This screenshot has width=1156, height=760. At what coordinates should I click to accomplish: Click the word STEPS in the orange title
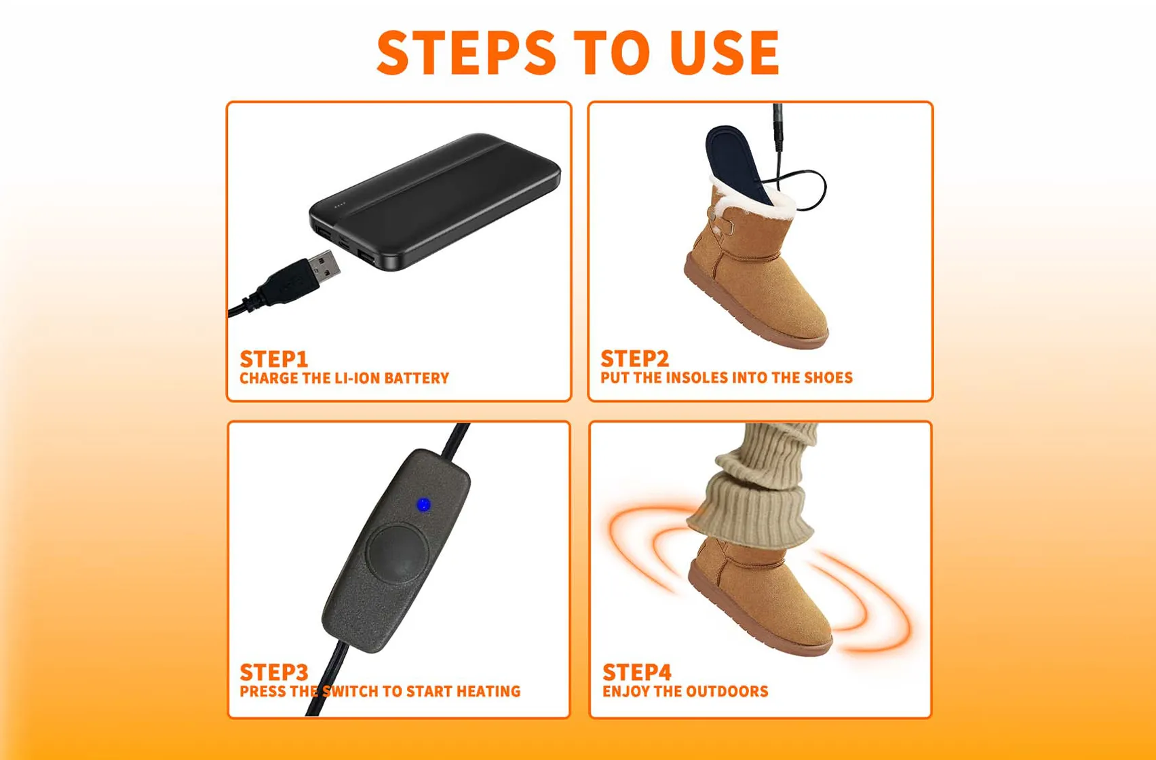[x=466, y=52]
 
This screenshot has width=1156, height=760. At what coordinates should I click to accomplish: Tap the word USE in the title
[x=725, y=52]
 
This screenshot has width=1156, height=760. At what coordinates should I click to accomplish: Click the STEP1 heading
[x=274, y=358]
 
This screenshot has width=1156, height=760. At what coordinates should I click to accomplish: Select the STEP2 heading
[x=635, y=358]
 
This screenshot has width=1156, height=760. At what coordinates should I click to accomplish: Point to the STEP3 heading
[x=274, y=672]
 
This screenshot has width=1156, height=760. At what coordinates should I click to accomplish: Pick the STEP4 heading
[x=637, y=672]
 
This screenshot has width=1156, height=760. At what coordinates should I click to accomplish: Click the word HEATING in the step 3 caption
[x=488, y=691]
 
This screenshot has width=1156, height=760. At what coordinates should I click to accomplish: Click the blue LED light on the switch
[x=423, y=505]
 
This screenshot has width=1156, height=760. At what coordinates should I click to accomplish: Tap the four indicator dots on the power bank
[x=339, y=205]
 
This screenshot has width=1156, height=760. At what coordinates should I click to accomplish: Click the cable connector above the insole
[x=778, y=129]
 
